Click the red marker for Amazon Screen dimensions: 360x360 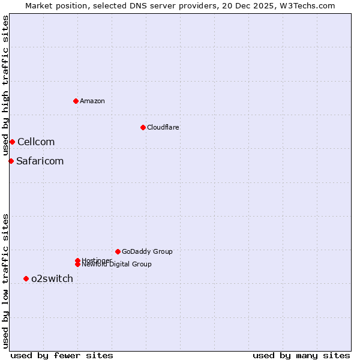point(76,101)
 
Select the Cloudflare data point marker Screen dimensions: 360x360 point(143,127)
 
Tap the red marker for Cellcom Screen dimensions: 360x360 point(12,142)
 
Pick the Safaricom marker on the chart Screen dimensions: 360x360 point(11,161)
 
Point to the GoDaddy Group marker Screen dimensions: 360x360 point(118,251)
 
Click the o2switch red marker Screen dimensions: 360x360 point(26,278)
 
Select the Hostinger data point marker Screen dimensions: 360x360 point(77,260)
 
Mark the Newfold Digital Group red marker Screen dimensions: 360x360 point(77,265)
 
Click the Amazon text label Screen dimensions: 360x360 point(92,101)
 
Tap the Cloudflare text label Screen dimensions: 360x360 point(163,127)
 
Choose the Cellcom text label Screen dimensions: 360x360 point(36,142)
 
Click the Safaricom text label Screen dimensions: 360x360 point(40,161)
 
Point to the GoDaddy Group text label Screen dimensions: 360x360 point(147,251)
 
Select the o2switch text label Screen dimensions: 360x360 point(52,278)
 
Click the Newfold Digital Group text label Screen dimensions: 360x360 point(117,265)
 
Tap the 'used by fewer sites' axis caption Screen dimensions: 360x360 point(62,356)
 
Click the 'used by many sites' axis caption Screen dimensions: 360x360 point(301,356)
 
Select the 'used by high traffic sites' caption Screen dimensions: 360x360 point(6,86)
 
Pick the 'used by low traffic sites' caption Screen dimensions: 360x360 point(6,280)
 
